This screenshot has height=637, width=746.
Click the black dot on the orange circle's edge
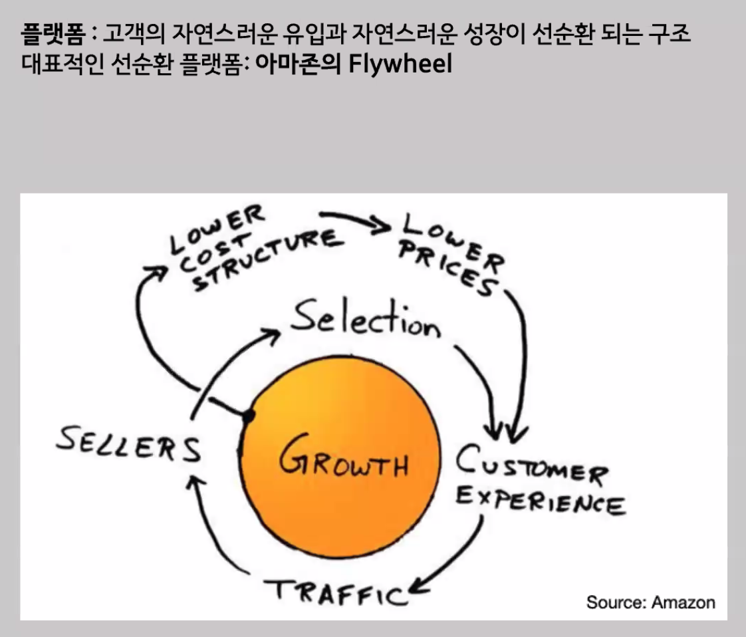tap(249, 417)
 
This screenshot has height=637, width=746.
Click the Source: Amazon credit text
tap(650, 603)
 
